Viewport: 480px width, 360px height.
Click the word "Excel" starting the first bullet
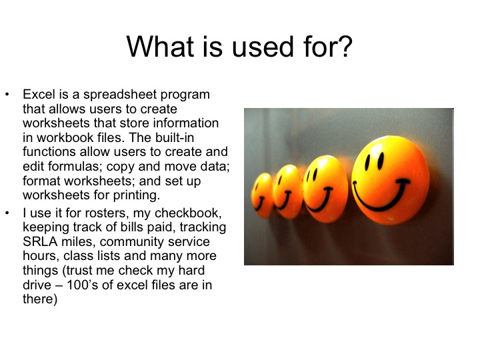click(37, 95)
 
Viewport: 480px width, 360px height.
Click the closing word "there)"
click(40, 300)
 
